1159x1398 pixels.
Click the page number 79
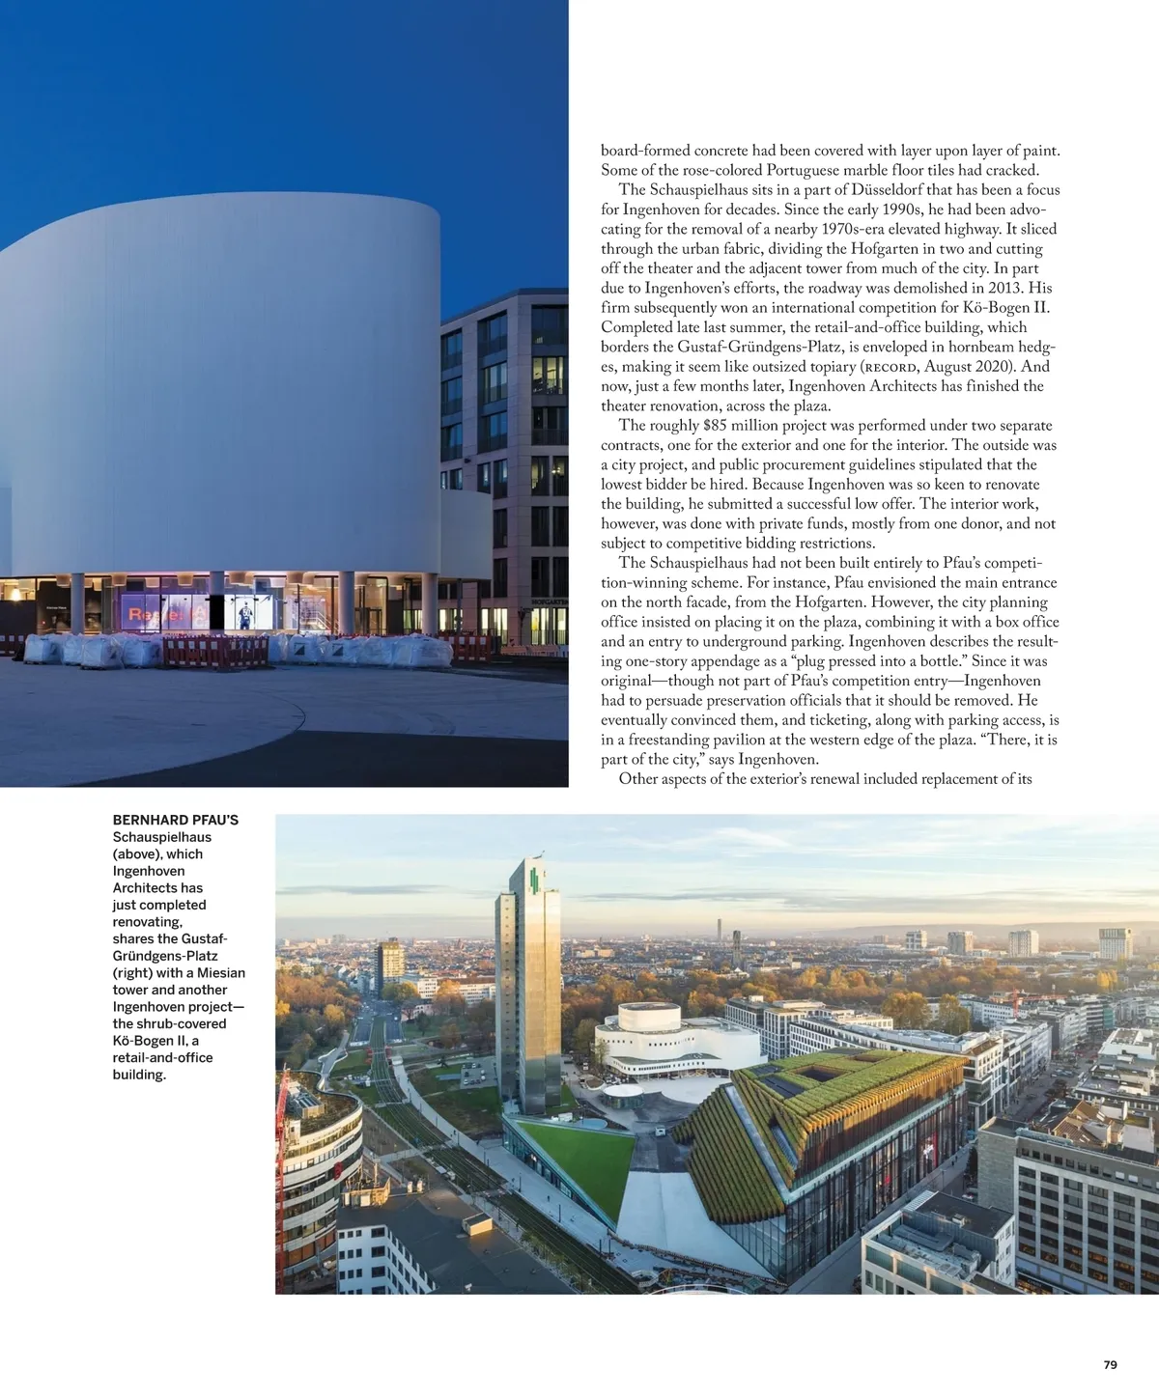pyautogui.click(x=1110, y=1364)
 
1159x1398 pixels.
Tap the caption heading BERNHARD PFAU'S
pyautogui.click(x=176, y=820)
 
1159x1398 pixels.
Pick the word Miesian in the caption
pyautogui.click(x=221, y=972)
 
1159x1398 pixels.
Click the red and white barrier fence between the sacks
pyautogui.click(x=214, y=652)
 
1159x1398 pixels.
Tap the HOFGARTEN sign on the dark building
pyautogui.click(x=550, y=601)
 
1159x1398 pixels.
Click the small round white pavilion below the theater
pyautogui.click(x=622, y=1094)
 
